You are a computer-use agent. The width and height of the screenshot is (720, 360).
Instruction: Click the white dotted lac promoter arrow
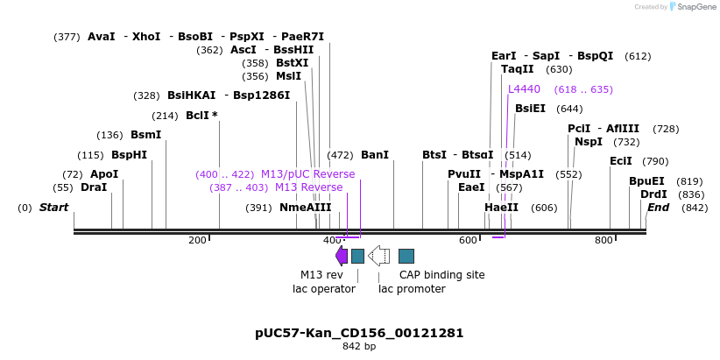click(378, 256)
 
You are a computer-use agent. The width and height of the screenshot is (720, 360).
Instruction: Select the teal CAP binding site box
click(406, 256)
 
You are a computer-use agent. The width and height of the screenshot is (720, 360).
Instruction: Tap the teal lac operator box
click(357, 256)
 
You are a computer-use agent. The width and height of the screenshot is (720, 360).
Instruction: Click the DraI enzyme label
click(93, 187)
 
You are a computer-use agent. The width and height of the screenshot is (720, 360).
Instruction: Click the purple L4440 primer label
click(524, 89)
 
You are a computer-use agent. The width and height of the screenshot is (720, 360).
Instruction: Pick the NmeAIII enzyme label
click(305, 208)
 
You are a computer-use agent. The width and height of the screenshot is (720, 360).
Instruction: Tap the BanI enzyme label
click(374, 155)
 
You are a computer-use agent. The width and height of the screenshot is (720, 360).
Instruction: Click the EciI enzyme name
click(620, 161)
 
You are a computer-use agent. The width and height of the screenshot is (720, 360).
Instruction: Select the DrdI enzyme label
click(653, 194)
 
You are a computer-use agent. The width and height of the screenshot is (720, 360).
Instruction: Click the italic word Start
click(53, 208)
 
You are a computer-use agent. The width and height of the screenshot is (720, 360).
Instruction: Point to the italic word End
click(658, 208)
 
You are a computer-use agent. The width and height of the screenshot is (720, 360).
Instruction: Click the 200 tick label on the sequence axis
click(197, 240)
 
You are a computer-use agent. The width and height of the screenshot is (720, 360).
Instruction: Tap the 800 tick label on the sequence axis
click(604, 240)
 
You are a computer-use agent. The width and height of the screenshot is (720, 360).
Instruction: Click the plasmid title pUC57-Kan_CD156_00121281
click(359, 333)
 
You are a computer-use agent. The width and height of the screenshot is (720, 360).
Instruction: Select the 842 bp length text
click(359, 347)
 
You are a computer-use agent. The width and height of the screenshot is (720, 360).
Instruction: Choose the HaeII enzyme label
click(501, 208)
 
